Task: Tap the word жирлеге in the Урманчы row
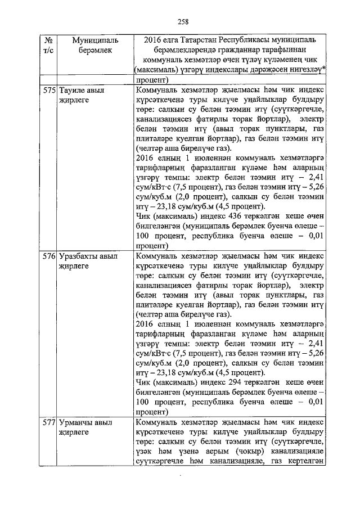coord(70,432)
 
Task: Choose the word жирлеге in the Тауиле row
coord(70,100)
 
